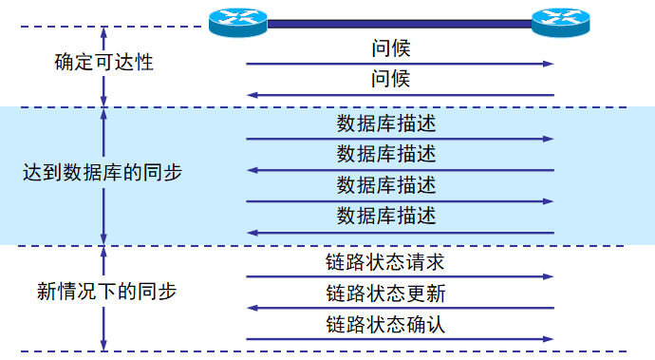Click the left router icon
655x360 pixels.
coord(237,20)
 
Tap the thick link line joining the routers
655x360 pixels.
coord(399,22)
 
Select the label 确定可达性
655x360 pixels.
coord(104,64)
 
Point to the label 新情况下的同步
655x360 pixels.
coord(106,291)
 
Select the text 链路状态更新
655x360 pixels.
coord(385,293)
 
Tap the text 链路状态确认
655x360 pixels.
coord(385,324)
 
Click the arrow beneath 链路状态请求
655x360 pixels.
coord(399,277)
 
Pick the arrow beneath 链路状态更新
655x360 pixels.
coord(399,309)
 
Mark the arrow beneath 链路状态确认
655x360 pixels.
coord(399,339)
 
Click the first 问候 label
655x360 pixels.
coord(390,47)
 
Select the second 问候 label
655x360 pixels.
coord(390,79)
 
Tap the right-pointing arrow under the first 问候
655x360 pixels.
coord(399,64)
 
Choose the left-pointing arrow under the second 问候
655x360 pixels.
coord(399,95)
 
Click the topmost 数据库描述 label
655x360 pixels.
coord(385,123)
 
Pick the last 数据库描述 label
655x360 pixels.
coord(385,216)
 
